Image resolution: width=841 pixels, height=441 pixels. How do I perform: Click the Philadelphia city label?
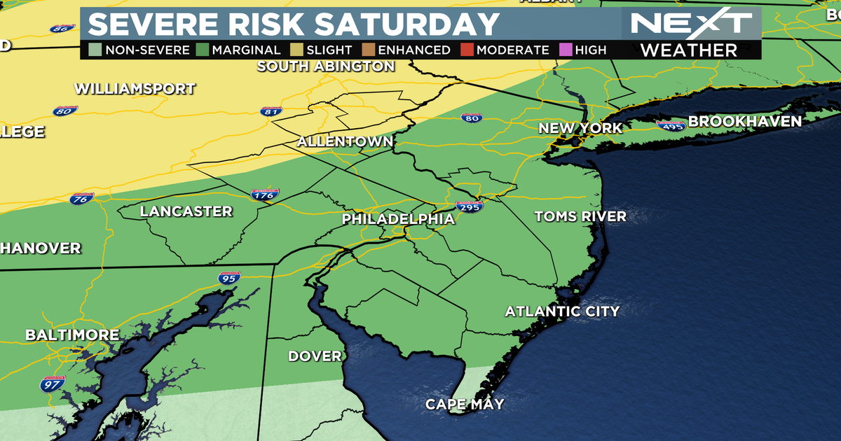(398, 219)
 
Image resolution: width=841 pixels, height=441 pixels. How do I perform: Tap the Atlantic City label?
(562, 311)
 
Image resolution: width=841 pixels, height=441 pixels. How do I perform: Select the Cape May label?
(465, 405)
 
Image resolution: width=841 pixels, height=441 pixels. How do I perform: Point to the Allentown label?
(345, 141)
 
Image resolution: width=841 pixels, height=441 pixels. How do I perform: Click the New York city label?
(580, 128)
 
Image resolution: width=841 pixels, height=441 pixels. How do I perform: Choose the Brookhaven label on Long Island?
(744, 121)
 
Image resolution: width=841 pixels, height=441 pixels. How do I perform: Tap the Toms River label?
(580, 216)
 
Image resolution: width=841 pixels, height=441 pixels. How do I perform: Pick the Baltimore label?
(72, 335)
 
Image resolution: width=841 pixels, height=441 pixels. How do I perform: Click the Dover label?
(315, 356)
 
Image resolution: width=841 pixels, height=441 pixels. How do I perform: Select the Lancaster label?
(186, 211)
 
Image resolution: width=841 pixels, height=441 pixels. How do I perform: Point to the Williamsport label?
(135, 89)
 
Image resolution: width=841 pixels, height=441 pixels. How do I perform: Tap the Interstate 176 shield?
(265, 195)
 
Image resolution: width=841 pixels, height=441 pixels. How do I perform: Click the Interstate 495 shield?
(670, 125)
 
